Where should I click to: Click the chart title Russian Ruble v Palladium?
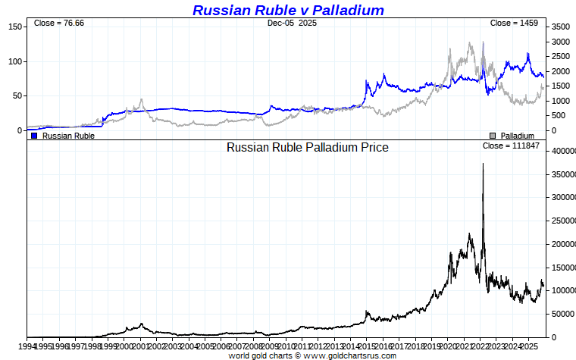pos(288,10)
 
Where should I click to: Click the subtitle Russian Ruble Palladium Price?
pos(307,147)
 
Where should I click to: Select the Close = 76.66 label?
pos(59,23)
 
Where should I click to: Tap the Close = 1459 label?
pos(514,23)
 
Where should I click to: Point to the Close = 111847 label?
pos(511,146)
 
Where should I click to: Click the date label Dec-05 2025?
pos(292,23)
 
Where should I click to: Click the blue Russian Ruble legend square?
pos(34,136)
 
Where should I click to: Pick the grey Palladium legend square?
pos(493,136)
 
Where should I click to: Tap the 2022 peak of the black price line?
pos(483,164)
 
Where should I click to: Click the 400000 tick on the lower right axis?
pos(562,152)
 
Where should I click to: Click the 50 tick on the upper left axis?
pos(17,95)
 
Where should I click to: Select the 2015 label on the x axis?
pos(367,346)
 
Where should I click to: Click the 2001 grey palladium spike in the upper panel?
pos(141,100)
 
